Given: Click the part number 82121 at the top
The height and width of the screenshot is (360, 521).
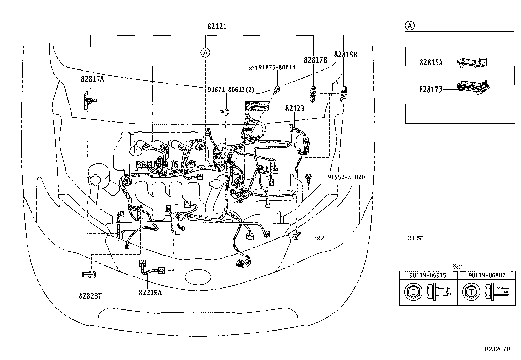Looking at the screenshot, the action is (x=217, y=27).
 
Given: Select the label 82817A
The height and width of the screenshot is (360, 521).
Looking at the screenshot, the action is (x=92, y=79).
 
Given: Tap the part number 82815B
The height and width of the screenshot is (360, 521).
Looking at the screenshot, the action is (x=346, y=55).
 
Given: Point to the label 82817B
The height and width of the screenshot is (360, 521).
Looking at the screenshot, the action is (x=315, y=60).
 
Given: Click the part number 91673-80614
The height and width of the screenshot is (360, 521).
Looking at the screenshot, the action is (x=277, y=67).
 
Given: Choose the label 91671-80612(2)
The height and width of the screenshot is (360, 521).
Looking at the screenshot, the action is (x=231, y=90).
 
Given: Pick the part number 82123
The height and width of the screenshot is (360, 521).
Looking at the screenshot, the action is (x=295, y=109).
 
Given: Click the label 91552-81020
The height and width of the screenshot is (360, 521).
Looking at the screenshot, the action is (x=346, y=177).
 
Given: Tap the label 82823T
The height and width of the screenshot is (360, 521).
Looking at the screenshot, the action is (x=90, y=296).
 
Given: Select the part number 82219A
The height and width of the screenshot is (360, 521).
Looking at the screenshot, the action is (x=150, y=293).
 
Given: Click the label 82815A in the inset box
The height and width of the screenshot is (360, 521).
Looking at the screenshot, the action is (x=431, y=63).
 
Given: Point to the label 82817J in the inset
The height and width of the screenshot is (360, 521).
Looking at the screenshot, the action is (x=431, y=90).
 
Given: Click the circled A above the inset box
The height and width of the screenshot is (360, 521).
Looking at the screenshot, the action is (x=410, y=26).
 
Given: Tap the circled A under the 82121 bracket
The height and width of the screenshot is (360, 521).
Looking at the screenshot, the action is (x=205, y=53).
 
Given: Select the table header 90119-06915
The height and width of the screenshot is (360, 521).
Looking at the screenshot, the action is (x=428, y=275).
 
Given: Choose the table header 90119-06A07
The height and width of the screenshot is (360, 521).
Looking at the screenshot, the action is (x=487, y=275).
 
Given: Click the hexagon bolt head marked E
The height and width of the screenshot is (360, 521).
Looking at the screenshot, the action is (x=413, y=292).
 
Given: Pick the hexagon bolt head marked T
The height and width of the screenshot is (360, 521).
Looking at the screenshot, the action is (x=471, y=292).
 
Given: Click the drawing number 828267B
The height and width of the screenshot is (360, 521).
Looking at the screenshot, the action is (x=497, y=349).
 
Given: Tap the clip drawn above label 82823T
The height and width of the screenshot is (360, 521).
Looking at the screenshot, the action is (x=89, y=275).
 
